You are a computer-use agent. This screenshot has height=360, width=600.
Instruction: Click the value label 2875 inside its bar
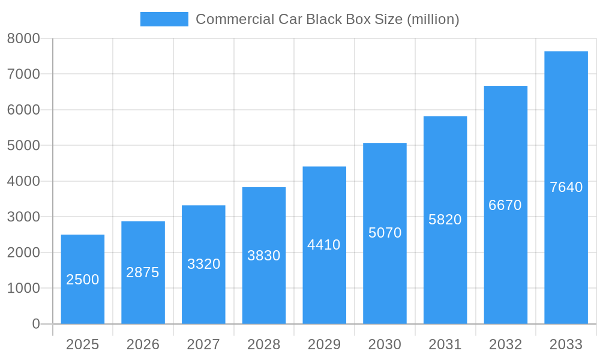point(143,272)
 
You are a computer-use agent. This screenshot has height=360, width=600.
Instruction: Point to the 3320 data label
point(203,264)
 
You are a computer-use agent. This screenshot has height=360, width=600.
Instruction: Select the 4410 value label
point(324,245)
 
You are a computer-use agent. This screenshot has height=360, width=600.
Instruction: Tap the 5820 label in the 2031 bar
point(445,220)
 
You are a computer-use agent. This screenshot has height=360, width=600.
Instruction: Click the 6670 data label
point(505,205)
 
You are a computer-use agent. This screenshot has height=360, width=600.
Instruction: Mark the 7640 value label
point(566,187)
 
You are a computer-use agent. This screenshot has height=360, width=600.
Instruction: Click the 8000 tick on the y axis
point(23,38)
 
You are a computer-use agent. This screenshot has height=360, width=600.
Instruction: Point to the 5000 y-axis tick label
point(23,146)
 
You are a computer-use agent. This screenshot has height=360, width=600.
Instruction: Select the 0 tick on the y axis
point(35,324)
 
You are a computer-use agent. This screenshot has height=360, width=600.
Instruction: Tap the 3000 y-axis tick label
point(23,217)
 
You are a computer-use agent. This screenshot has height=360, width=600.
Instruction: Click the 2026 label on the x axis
point(143,344)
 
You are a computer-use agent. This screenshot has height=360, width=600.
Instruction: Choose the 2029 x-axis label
point(324,344)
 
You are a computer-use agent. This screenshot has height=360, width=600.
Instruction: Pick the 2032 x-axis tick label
point(505,344)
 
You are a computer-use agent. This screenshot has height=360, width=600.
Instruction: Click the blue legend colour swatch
point(164,19)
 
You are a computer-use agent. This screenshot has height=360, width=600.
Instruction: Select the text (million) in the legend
point(433,19)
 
